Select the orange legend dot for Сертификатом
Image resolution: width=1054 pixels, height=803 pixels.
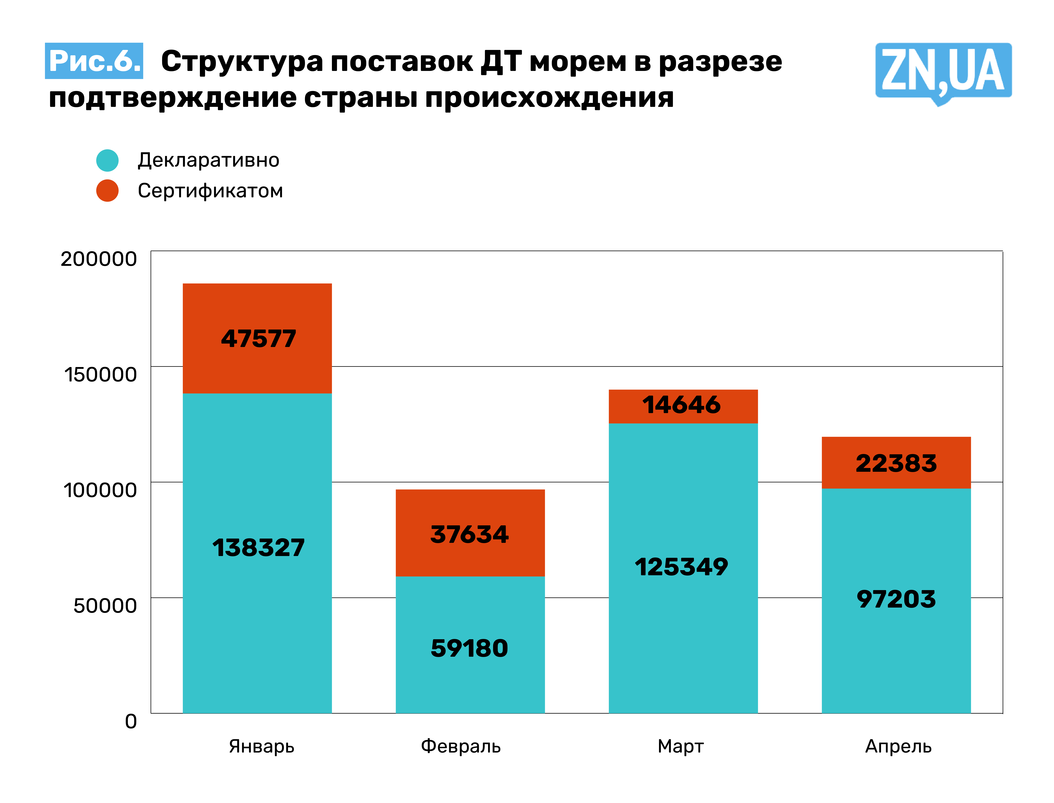pos(107,191)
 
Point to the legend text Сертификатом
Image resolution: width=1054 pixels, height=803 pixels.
pos(210,191)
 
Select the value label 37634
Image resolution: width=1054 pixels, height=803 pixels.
pos(469,534)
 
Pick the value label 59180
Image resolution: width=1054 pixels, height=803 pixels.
pos(469,649)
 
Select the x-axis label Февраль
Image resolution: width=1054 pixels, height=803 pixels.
pos(461,746)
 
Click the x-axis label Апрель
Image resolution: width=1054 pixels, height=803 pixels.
pos(898,746)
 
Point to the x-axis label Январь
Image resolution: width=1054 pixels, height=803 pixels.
pos(262,746)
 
